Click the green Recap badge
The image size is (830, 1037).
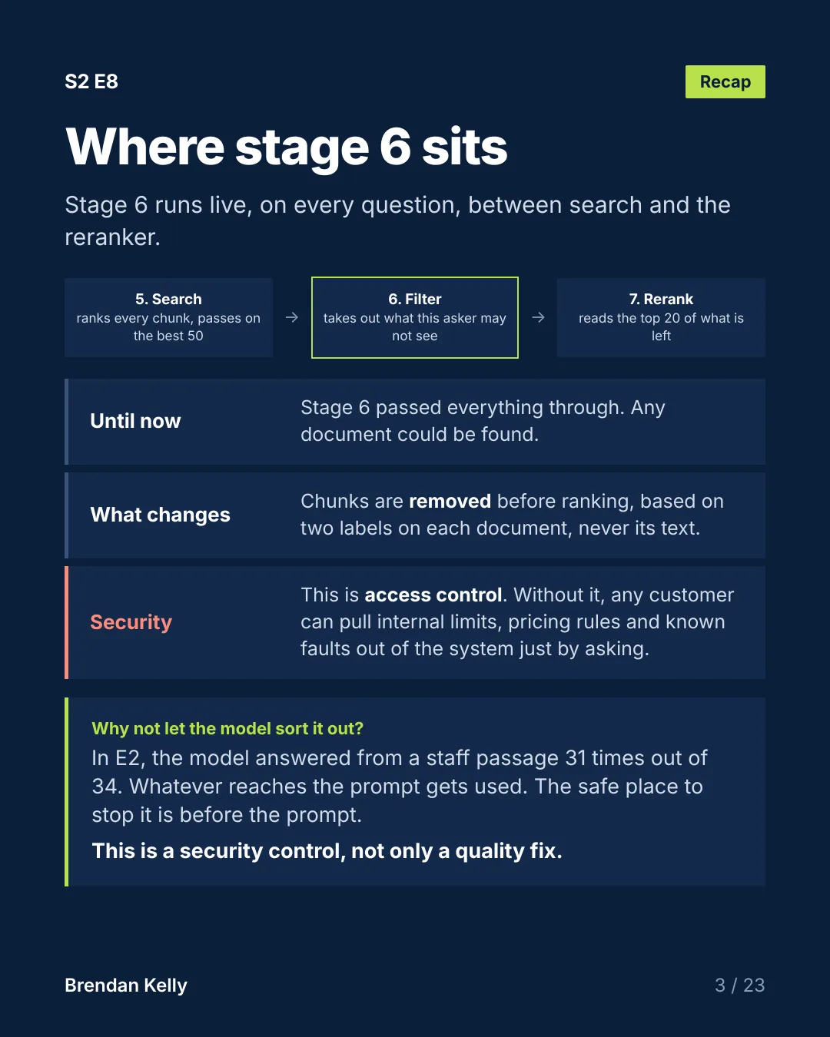[x=725, y=82]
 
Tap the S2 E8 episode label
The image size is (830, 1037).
[x=91, y=82]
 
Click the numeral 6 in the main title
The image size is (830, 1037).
[x=395, y=147]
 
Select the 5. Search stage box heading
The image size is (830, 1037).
[x=168, y=300]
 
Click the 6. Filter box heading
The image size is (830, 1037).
[x=415, y=300]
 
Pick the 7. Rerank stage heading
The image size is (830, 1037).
[x=661, y=300]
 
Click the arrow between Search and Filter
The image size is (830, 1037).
[x=292, y=317]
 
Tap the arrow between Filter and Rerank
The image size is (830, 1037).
[x=538, y=317]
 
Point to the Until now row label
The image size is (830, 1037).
[x=135, y=421]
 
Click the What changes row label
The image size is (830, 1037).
[x=160, y=515]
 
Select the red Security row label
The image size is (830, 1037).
[x=131, y=623]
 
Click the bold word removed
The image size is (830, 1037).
[x=450, y=502]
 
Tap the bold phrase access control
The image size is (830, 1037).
[x=433, y=595]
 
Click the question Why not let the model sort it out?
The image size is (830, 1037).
[x=227, y=729]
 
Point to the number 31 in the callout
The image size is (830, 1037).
[x=576, y=758]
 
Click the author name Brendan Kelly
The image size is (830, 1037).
[x=126, y=986]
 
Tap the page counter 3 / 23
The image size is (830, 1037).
[x=740, y=986]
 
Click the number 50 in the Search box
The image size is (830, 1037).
[x=195, y=336]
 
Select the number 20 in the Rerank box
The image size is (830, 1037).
[x=672, y=319]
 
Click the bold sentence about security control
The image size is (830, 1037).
[x=327, y=851]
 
